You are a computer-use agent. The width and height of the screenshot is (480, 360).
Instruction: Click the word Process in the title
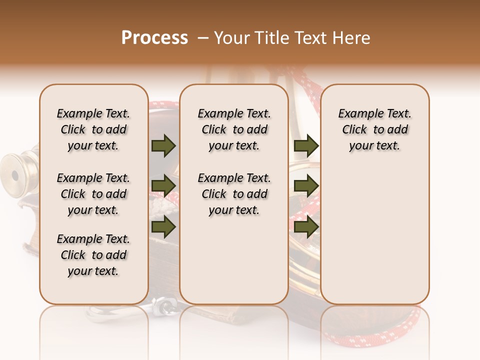[154, 38]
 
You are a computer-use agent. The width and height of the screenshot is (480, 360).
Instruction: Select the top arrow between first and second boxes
[163, 146]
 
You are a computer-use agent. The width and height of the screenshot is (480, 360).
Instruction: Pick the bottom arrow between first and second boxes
[163, 227]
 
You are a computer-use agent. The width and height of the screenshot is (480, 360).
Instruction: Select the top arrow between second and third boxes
[306, 146]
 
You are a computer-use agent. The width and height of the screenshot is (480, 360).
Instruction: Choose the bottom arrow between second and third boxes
[306, 227]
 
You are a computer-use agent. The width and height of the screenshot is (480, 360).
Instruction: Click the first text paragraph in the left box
[93, 129]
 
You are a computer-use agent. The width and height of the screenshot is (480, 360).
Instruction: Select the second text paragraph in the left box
[93, 194]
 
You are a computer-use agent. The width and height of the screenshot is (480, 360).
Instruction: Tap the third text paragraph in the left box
[93, 255]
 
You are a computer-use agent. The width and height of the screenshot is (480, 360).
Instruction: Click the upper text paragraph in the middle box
[234, 129]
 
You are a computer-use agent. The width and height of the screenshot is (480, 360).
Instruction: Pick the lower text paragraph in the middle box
[234, 194]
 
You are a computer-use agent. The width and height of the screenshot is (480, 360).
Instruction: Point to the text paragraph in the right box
[375, 129]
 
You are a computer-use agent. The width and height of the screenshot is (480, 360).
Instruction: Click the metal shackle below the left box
[162, 305]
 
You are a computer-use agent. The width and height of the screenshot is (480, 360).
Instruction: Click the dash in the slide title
[203, 38]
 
